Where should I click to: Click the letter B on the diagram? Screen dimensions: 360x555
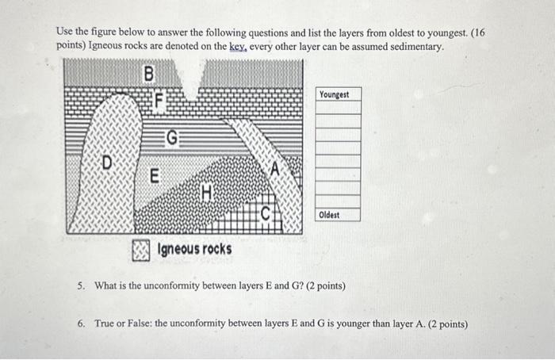point(148,75)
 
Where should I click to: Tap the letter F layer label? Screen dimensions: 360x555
point(159,101)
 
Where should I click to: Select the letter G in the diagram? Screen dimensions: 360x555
point(171,140)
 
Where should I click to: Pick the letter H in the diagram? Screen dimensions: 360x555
point(207,191)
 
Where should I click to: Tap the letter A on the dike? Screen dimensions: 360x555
point(275,167)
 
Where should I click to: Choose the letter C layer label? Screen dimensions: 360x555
point(266,212)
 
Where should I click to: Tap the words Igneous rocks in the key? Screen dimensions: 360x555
point(195,250)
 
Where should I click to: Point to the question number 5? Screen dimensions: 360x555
point(82,285)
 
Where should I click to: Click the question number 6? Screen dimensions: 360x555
point(82,324)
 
